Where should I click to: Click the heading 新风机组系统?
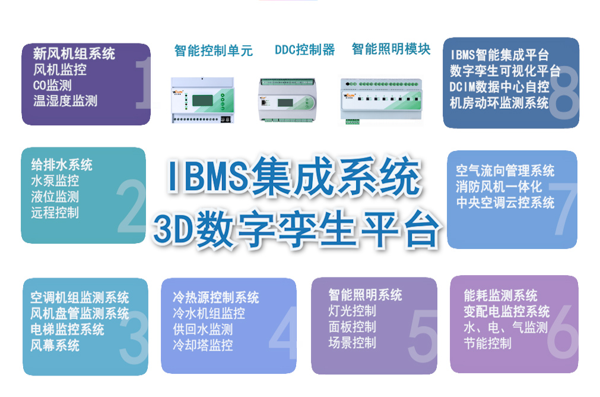click(74, 54)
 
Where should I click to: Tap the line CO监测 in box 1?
click(52, 85)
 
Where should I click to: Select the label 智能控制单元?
click(214, 51)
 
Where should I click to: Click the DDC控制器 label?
click(304, 50)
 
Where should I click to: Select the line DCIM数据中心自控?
click(499, 87)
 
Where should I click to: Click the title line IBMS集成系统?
click(294, 177)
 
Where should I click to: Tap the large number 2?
click(131, 208)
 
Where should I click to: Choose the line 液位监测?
click(55, 197)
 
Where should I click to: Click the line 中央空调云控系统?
click(505, 203)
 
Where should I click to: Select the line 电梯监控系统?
click(67, 329)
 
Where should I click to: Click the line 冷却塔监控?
click(202, 345)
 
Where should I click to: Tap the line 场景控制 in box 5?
click(352, 342)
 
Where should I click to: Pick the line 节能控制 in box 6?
click(487, 344)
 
